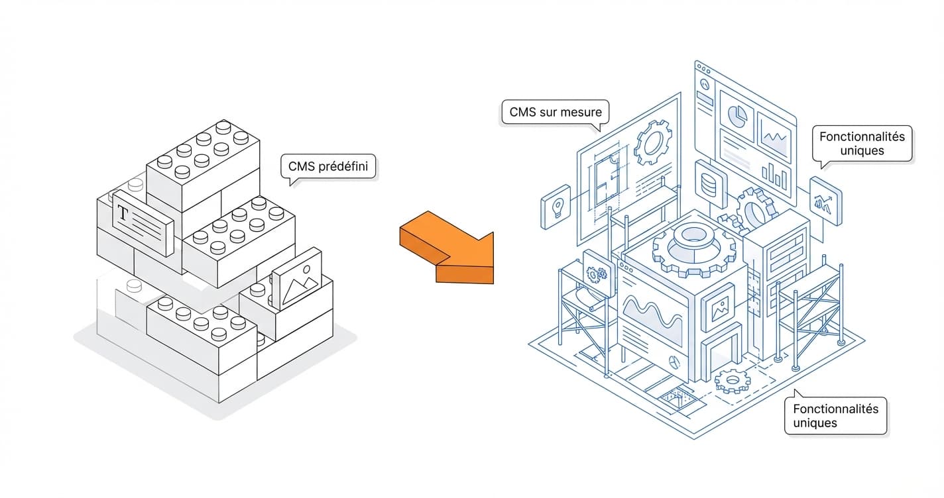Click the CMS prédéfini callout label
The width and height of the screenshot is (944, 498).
(x=329, y=167)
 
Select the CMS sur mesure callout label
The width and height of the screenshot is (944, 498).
(x=556, y=112)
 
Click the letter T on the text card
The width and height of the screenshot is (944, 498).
(x=123, y=213)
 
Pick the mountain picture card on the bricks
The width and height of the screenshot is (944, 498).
(x=296, y=280)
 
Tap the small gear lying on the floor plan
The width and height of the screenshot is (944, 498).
(x=731, y=380)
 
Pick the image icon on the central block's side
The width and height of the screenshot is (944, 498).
(x=719, y=307)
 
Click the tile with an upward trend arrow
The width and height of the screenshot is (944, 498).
(x=825, y=199)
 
